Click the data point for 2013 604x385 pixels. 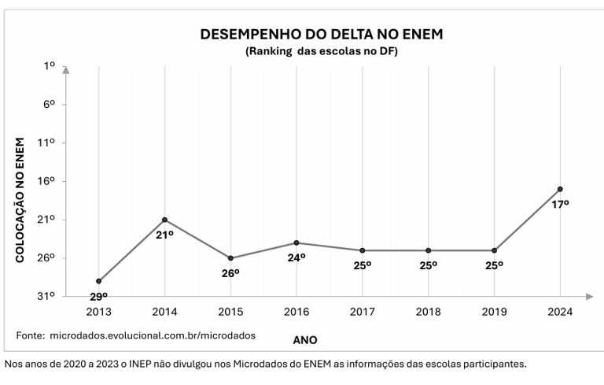98,281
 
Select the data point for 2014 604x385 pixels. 164,220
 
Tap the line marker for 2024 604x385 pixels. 560,189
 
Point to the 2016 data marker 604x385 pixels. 296,242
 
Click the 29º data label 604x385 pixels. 98,297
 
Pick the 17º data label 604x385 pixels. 560,204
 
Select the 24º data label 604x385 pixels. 296,257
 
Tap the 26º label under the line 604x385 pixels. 230,272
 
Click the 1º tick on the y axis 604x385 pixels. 50,67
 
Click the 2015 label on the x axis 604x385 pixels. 230,312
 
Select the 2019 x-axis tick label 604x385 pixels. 494,312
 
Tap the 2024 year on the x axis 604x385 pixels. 560,312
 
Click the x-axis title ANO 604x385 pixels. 305,340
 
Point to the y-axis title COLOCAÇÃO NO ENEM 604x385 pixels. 21,200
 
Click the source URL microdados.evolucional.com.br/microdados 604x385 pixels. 153,335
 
